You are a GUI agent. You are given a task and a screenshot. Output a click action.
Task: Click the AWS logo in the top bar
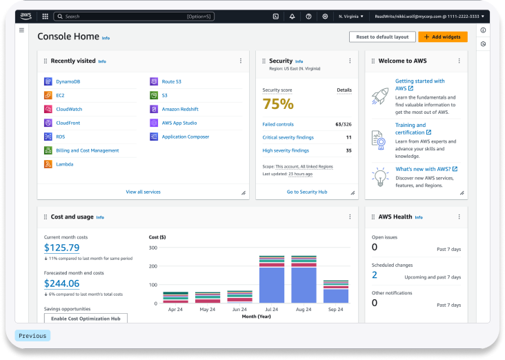pos(26,16)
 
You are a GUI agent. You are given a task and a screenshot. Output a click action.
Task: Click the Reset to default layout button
pos(382,37)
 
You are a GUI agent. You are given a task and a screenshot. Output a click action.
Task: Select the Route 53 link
pos(171,81)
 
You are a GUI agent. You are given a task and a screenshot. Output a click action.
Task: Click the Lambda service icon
pos(48,164)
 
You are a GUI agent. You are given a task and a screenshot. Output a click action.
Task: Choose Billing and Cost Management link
pos(87,150)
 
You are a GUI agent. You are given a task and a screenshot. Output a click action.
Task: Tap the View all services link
pos(143,192)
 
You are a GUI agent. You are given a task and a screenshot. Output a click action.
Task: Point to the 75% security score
pos(278,104)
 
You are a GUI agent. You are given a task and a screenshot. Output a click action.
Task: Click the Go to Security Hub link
pos(307,192)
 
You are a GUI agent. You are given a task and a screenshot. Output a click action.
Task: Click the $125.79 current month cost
pos(61,248)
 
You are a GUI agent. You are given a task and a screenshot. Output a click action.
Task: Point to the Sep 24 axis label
pos(335,310)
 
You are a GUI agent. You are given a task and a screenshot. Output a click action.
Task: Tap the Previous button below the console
pos(32,336)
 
